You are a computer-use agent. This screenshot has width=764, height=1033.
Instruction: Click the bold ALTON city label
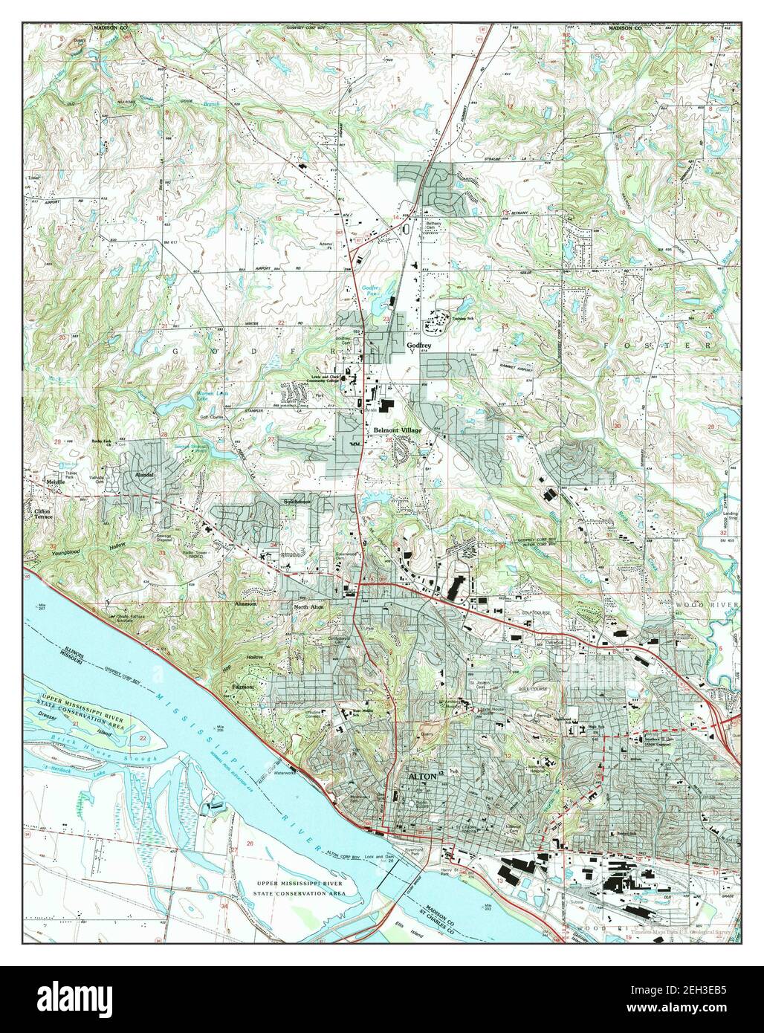click(423, 775)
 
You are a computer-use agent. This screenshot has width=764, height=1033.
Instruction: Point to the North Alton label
click(310, 607)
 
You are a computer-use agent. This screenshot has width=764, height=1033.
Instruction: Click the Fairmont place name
click(243, 687)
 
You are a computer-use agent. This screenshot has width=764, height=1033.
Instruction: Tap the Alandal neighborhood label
click(143, 473)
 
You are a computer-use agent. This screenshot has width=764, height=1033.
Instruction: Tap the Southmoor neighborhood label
click(296, 501)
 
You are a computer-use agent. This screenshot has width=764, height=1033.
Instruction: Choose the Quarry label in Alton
click(426, 731)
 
